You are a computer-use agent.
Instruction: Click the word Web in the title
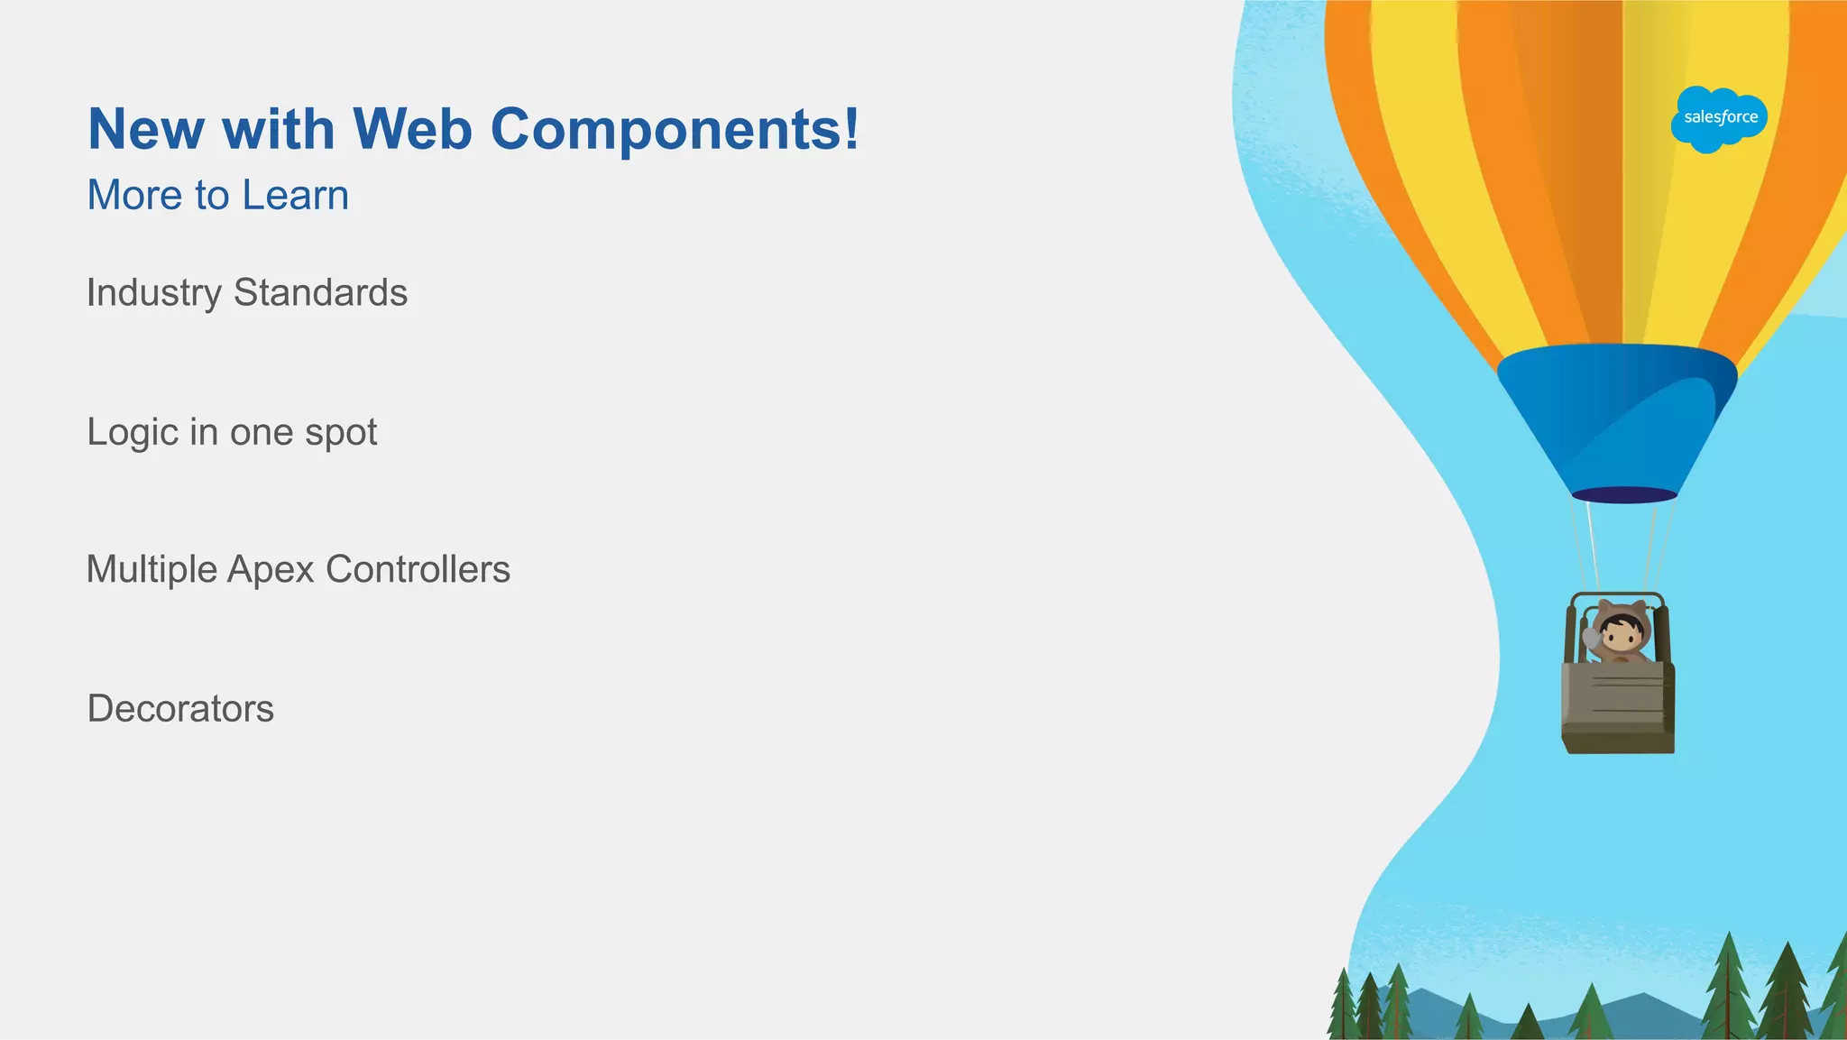412,129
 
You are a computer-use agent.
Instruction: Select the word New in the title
147,129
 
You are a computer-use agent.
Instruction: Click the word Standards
320,293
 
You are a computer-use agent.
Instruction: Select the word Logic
133,433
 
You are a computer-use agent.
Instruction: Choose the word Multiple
152,570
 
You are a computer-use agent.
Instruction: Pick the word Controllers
418,570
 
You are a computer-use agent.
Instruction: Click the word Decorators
180,709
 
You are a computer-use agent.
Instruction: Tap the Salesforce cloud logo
1719,118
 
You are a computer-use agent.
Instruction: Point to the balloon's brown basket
1618,708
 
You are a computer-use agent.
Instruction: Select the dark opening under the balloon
1624,494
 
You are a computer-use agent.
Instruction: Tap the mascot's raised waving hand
1592,640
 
